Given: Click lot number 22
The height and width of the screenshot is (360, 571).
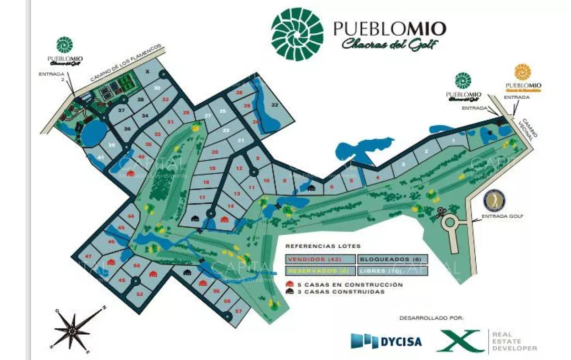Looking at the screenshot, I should coord(275,105).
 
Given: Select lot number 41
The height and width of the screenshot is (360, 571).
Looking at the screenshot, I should coord(101,157).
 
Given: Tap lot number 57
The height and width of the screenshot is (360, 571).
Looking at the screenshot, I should coord(238,311).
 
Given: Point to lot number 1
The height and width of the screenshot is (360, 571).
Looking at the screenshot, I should coord(453,141).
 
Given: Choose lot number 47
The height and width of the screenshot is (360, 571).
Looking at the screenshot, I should coord(88,256).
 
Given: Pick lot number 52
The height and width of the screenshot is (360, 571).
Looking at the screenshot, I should coord(139,294).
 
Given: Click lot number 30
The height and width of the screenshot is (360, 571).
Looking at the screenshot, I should coord(157,88).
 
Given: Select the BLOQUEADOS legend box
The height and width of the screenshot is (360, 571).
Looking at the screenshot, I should coord(393,259).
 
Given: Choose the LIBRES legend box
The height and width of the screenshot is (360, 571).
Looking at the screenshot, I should coord(393,271).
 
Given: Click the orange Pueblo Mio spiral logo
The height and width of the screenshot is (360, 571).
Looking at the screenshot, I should coord(523,72).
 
